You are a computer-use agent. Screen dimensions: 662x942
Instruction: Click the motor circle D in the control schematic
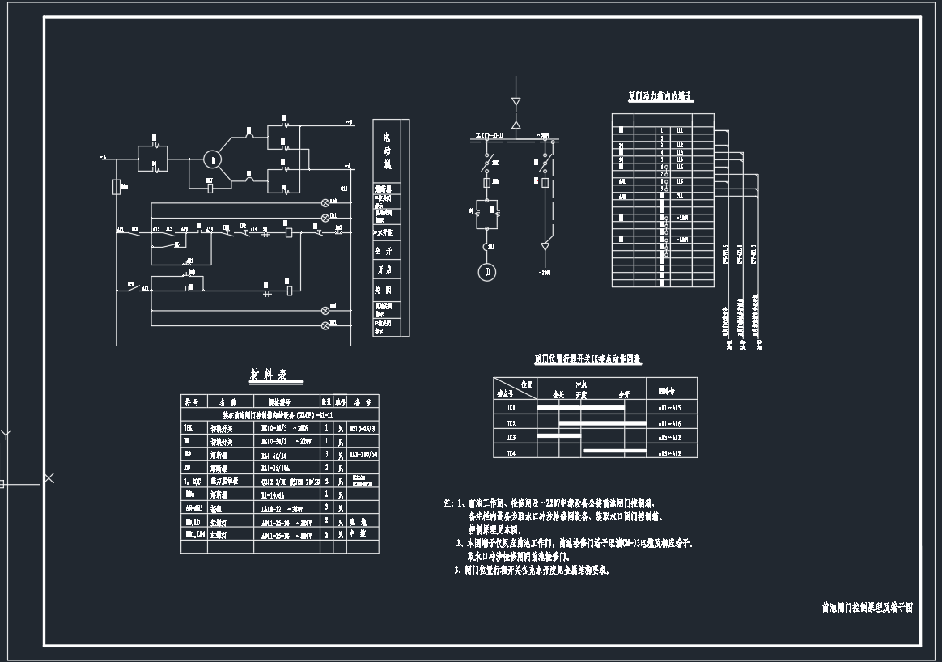click(x=211, y=159)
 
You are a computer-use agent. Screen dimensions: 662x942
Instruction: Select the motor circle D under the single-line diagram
click(x=487, y=272)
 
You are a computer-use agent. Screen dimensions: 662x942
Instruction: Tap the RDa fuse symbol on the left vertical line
click(x=117, y=187)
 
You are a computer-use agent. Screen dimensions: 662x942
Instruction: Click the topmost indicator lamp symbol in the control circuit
click(x=326, y=202)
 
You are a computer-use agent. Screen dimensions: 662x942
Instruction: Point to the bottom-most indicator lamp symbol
click(x=326, y=325)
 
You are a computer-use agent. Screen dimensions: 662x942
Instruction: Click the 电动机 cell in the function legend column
click(x=387, y=151)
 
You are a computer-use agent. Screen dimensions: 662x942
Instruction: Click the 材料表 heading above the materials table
click(x=269, y=376)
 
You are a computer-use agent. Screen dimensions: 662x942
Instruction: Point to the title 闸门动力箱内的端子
click(x=660, y=96)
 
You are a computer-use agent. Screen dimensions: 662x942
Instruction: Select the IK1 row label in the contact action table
click(x=511, y=407)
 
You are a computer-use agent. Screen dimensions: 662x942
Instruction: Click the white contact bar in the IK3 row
click(x=560, y=436)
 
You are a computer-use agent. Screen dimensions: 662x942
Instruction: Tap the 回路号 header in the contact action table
click(x=666, y=388)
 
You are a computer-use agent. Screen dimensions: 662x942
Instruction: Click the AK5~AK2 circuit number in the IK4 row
click(x=669, y=453)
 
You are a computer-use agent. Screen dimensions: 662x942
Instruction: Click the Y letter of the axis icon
click(x=6, y=435)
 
